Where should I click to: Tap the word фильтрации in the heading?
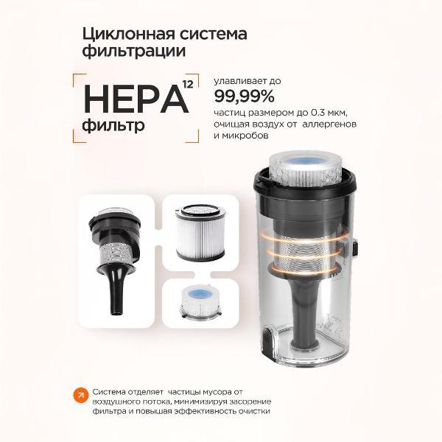(134, 52)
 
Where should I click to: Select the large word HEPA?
(136, 99)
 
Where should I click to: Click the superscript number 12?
(188, 84)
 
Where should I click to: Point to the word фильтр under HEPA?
(113, 125)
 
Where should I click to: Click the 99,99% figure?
(244, 97)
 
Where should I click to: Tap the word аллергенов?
(329, 124)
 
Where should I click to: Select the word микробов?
(245, 136)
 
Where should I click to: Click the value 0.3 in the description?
(318, 113)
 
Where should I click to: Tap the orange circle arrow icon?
(81, 396)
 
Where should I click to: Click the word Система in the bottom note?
(109, 392)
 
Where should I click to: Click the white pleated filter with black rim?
(200, 233)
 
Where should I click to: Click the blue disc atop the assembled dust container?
(302, 163)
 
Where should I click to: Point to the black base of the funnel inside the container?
(305, 344)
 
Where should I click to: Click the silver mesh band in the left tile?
(116, 255)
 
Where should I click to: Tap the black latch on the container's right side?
(354, 248)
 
